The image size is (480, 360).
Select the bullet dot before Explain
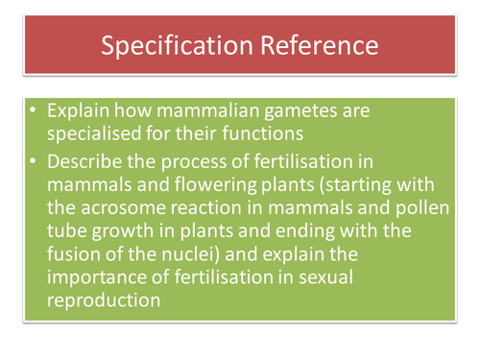coord(35,111)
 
